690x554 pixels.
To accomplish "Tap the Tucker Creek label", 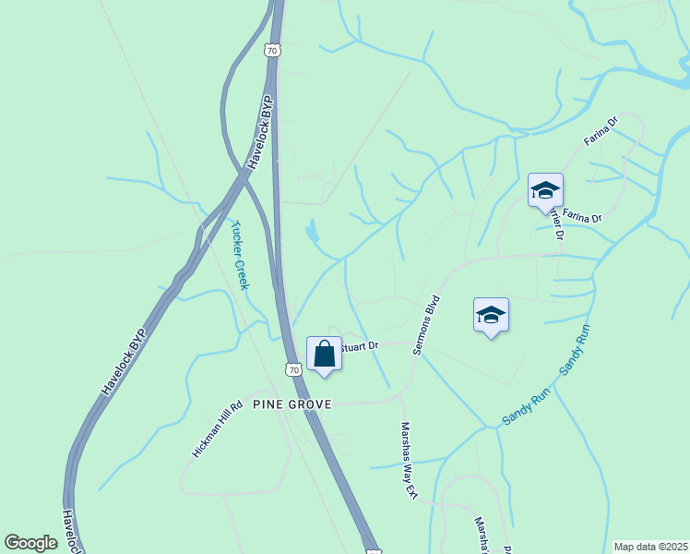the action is pos(241,255).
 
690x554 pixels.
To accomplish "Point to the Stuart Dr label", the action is pos(360,347).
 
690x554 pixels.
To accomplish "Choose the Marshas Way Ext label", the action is pos(409,460).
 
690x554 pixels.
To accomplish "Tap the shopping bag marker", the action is pos(325,354).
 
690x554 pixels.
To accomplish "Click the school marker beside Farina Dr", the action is pos(545,191).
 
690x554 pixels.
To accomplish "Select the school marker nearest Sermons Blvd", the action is pos(491,316).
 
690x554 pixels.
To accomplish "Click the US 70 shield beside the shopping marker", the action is pos(293,369).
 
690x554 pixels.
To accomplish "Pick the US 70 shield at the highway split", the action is pos(270,51).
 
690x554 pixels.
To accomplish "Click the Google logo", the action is pos(31,542).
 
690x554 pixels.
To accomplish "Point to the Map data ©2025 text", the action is pos(649,547).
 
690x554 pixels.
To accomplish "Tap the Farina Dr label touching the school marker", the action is pos(582,218).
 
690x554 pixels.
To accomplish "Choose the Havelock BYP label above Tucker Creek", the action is pos(255,134).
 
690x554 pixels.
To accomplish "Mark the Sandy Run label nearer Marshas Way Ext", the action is pos(526,406).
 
